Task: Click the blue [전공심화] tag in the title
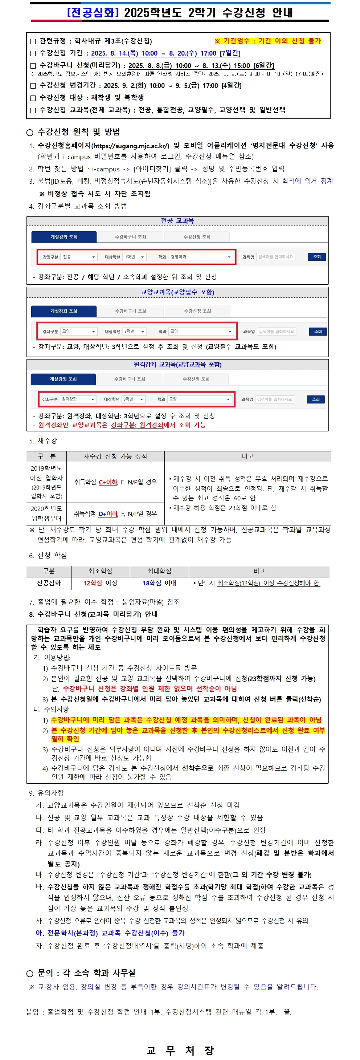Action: [x=93, y=12]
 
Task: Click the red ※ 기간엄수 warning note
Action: [x=267, y=41]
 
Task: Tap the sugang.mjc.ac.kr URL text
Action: [x=130, y=146]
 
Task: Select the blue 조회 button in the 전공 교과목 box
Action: [x=316, y=257]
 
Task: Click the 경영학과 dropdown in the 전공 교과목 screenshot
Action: [x=200, y=257]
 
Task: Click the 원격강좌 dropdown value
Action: [x=78, y=399]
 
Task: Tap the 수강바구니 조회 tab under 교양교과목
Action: [x=130, y=311]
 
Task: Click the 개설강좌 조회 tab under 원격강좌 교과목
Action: [x=63, y=379]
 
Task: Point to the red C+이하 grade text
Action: [x=108, y=482]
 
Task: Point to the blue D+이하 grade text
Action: [x=108, y=513]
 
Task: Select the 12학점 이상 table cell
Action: [x=101, y=583]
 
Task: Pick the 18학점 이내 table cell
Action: [x=159, y=583]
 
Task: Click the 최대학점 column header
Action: [x=159, y=571]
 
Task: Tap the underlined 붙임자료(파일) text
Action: [x=143, y=602]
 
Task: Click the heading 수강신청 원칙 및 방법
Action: [x=78, y=132]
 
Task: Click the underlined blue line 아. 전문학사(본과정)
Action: [x=110, y=933]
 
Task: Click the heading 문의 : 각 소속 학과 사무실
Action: [x=86, y=973]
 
